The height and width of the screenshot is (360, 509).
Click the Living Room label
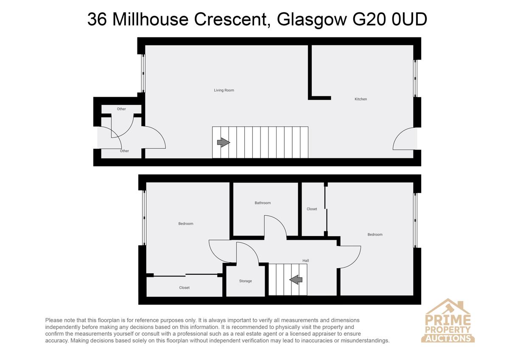coord(224,90)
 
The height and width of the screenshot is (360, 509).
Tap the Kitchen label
coord(361,99)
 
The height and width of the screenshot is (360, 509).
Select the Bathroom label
coord(263,203)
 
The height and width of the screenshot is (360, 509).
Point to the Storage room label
coord(246,281)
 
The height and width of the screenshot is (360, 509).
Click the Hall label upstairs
coord(306,261)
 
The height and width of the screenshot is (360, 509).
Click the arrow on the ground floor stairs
coord(224,143)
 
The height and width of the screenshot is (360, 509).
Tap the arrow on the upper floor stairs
coord(296,279)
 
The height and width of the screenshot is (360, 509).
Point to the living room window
coord(143,73)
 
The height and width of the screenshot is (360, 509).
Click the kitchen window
coord(415,79)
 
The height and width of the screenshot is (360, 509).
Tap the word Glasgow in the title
coord(311,20)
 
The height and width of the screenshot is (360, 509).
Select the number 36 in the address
coord(97,19)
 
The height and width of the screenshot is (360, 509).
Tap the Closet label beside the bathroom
coord(312,209)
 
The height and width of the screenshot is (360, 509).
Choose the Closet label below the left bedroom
coord(184,288)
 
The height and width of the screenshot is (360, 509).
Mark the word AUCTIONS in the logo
coord(447,338)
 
